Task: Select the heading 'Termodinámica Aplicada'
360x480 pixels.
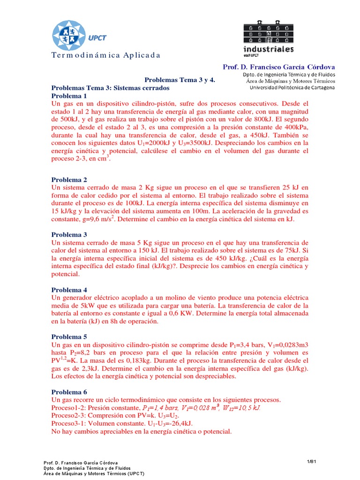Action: click(x=106, y=55)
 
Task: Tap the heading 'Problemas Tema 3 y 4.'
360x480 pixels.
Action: click(x=179, y=80)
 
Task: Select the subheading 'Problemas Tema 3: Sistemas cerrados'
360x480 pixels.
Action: click(x=110, y=88)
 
